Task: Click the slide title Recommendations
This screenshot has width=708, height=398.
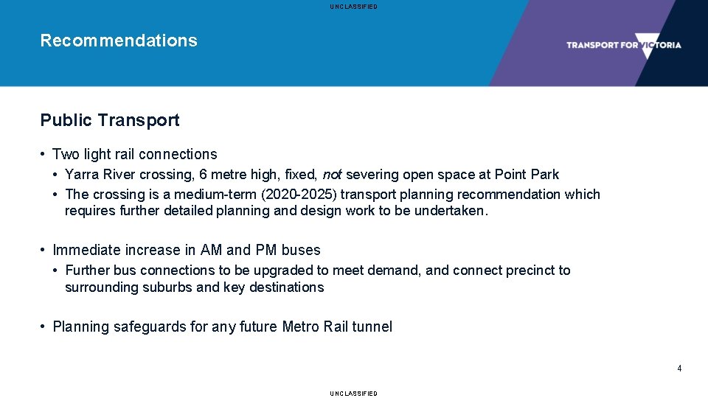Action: pyautogui.click(x=119, y=41)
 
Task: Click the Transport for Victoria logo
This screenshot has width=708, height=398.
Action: pyautogui.click(x=623, y=45)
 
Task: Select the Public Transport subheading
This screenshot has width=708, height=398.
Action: pyautogui.click(x=110, y=120)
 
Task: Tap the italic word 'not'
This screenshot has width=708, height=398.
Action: pyautogui.click(x=332, y=175)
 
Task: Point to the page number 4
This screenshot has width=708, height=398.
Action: pyautogui.click(x=679, y=369)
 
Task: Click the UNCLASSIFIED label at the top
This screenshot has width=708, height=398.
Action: pyautogui.click(x=354, y=7)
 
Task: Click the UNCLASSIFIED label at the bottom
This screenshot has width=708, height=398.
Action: pyautogui.click(x=354, y=394)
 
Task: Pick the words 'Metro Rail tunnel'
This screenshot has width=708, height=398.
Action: pyautogui.click(x=337, y=327)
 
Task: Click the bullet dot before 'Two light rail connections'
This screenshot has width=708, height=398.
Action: pyautogui.click(x=45, y=154)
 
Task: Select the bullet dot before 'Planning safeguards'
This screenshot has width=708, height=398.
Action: pyautogui.click(x=45, y=327)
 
